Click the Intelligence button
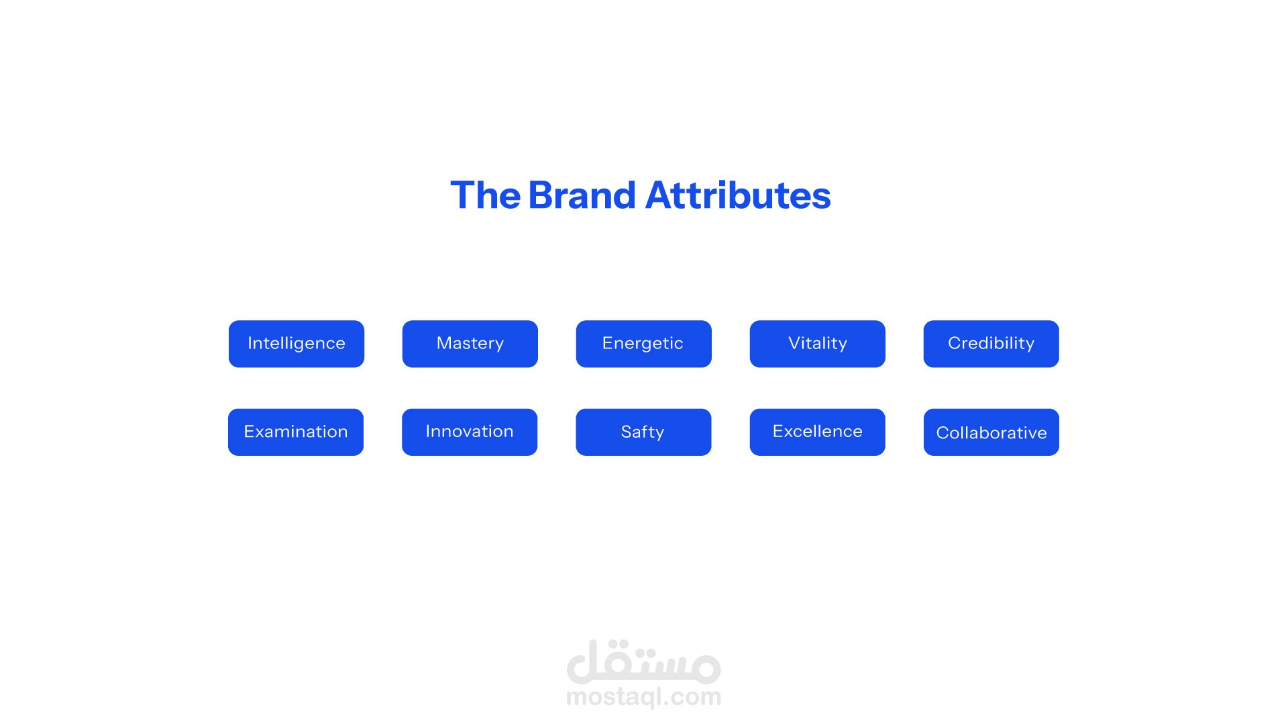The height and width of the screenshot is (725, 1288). tap(297, 344)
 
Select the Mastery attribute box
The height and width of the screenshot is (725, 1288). tap(470, 344)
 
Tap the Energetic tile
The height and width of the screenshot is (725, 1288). tap(644, 344)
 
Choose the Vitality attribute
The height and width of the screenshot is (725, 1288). tap(818, 344)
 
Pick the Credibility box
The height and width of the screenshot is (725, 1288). tap(991, 344)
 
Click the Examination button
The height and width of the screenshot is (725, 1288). tap(296, 432)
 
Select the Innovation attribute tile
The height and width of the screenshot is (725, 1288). tap(470, 432)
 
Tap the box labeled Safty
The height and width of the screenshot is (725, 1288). tap(643, 432)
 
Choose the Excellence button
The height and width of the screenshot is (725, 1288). tap(818, 432)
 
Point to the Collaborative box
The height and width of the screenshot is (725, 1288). tap(991, 432)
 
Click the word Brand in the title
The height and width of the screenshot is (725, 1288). tap(582, 195)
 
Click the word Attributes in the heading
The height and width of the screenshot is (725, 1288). tap(738, 195)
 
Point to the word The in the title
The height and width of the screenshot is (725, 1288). tap(485, 195)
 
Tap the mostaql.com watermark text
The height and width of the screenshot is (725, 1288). tap(644, 697)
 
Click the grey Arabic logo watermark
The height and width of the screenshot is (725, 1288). tap(644, 661)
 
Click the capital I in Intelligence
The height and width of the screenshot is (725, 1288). tap(250, 343)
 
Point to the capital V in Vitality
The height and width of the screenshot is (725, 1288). tap(795, 343)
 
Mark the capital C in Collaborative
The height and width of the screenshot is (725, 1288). tap(943, 433)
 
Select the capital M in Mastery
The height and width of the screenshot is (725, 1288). tap(444, 343)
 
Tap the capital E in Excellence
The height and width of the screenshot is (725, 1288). tap(778, 431)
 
